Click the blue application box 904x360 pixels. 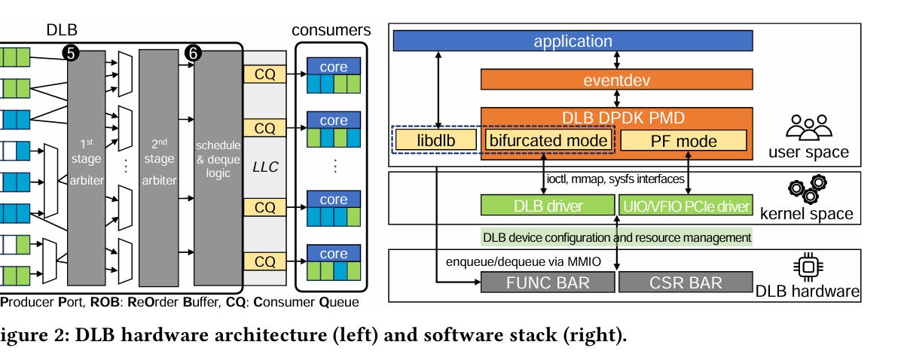point(573,41)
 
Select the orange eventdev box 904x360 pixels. point(616,78)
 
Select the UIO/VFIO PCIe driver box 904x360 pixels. point(684,206)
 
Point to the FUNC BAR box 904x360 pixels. point(547,283)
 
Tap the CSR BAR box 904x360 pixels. point(684,283)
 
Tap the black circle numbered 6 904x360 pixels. point(194,53)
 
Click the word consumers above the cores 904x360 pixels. point(332,31)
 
